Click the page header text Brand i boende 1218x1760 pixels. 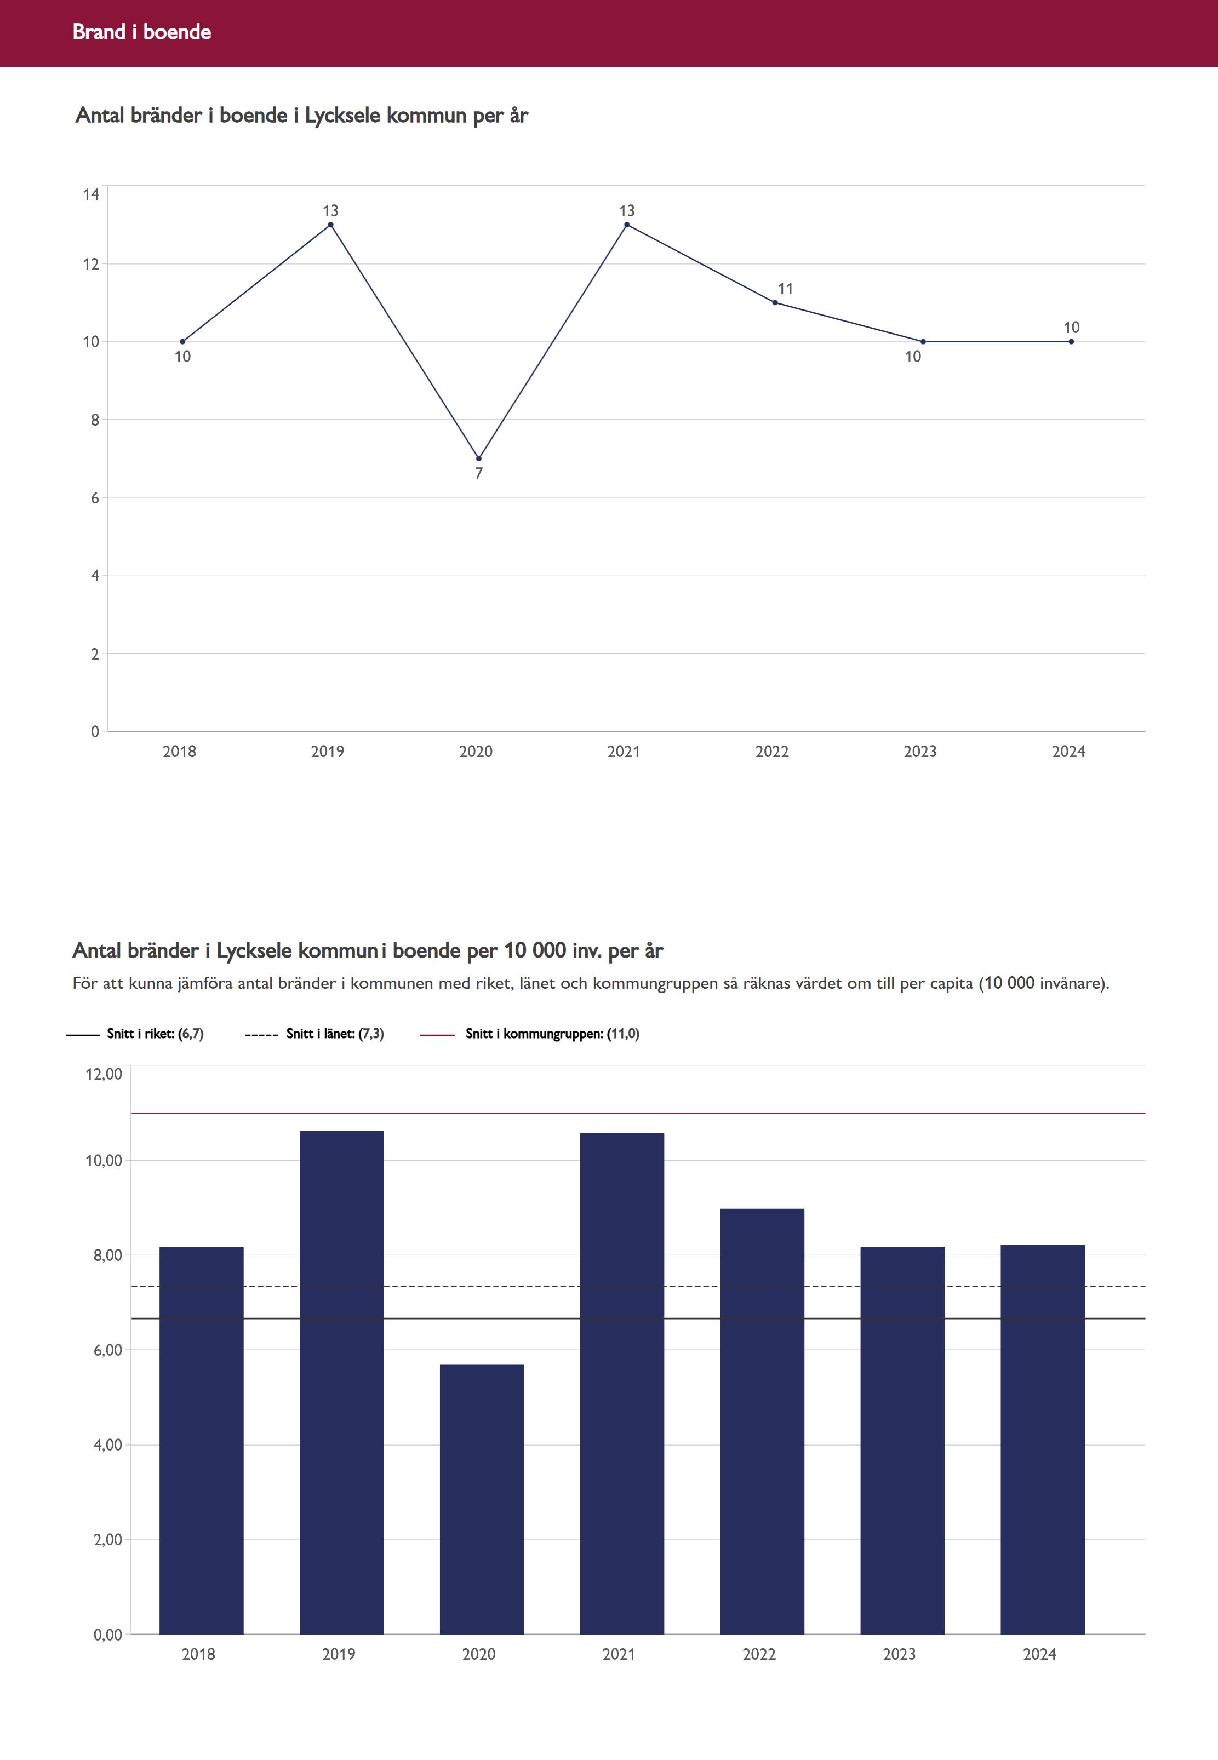(141, 32)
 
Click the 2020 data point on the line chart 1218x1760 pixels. (478, 458)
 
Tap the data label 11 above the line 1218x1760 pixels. (785, 288)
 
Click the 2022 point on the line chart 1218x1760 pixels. (775, 303)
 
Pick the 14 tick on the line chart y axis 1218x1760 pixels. (92, 194)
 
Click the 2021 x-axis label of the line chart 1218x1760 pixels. (624, 752)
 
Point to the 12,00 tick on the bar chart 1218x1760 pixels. (104, 1074)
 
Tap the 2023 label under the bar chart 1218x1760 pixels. (899, 1654)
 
